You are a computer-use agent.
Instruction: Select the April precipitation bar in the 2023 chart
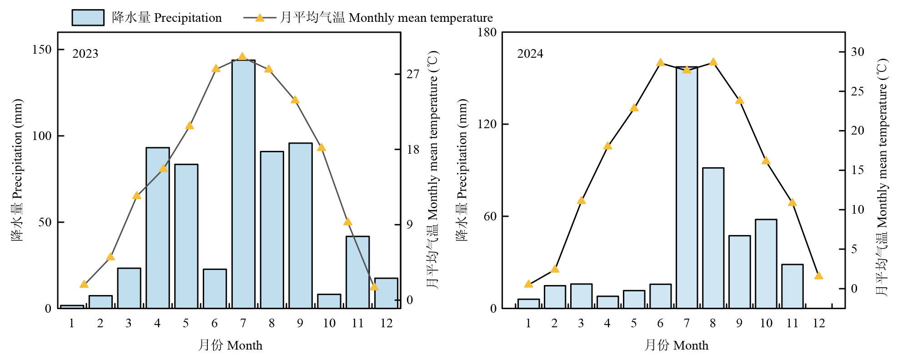click(158, 228)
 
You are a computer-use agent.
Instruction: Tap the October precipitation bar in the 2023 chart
click(329, 301)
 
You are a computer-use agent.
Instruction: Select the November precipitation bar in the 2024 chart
click(792, 286)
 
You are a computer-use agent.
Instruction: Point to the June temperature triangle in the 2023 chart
click(216, 69)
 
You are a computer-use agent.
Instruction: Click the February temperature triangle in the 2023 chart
click(110, 257)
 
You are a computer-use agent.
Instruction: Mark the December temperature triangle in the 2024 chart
click(818, 275)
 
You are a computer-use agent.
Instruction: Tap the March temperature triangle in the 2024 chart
click(581, 200)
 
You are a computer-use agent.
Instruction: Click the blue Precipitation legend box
click(88, 18)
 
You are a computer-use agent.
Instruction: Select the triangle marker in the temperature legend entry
click(260, 18)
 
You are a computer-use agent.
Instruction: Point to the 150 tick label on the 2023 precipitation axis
click(42, 50)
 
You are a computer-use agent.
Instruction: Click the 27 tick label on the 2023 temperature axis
click(412, 74)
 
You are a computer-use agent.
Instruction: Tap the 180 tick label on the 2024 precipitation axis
click(487, 32)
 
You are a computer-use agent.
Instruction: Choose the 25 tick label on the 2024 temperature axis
click(857, 91)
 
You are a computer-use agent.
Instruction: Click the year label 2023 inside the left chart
click(85, 54)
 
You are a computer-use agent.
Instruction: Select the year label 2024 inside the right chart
click(530, 54)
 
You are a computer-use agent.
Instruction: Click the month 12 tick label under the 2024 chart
click(818, 323)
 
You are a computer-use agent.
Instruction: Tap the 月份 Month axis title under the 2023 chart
click(230, 345)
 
